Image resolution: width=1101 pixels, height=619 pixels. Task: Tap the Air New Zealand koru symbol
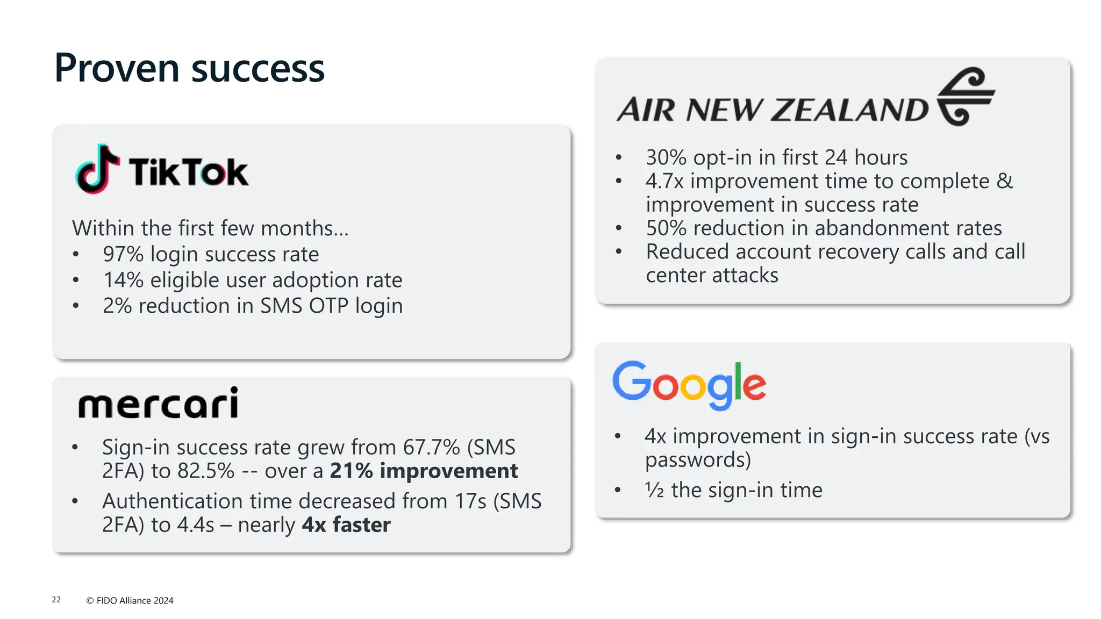tap(966, 97)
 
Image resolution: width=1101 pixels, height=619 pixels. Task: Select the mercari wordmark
tap(158, 404)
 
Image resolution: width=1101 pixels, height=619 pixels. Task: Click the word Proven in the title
tap(117, 68)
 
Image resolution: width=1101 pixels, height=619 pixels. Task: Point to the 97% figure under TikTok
tap(123, 254)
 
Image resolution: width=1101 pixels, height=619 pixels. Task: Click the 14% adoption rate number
tap(123, 280)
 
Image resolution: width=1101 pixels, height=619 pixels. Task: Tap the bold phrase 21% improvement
tap(424, 471)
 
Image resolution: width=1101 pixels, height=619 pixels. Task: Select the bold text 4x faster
tap(346, 524)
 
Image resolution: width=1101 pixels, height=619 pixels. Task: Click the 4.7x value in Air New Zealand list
tap(664, 181)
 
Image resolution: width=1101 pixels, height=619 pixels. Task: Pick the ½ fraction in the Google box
tap(654, 490)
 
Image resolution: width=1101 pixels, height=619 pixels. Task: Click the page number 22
tap(56, 600)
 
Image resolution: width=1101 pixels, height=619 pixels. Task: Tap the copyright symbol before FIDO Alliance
tap(90, 601)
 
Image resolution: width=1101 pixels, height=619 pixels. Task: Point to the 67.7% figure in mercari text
tap(431, 447)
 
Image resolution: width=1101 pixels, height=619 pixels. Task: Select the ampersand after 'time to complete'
tap(1004, 181)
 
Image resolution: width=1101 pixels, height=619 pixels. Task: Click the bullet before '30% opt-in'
tap(618, 158)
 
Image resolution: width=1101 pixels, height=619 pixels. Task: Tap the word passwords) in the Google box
tap(698, 460)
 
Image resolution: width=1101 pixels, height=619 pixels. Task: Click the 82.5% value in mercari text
tap(206, 471)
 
